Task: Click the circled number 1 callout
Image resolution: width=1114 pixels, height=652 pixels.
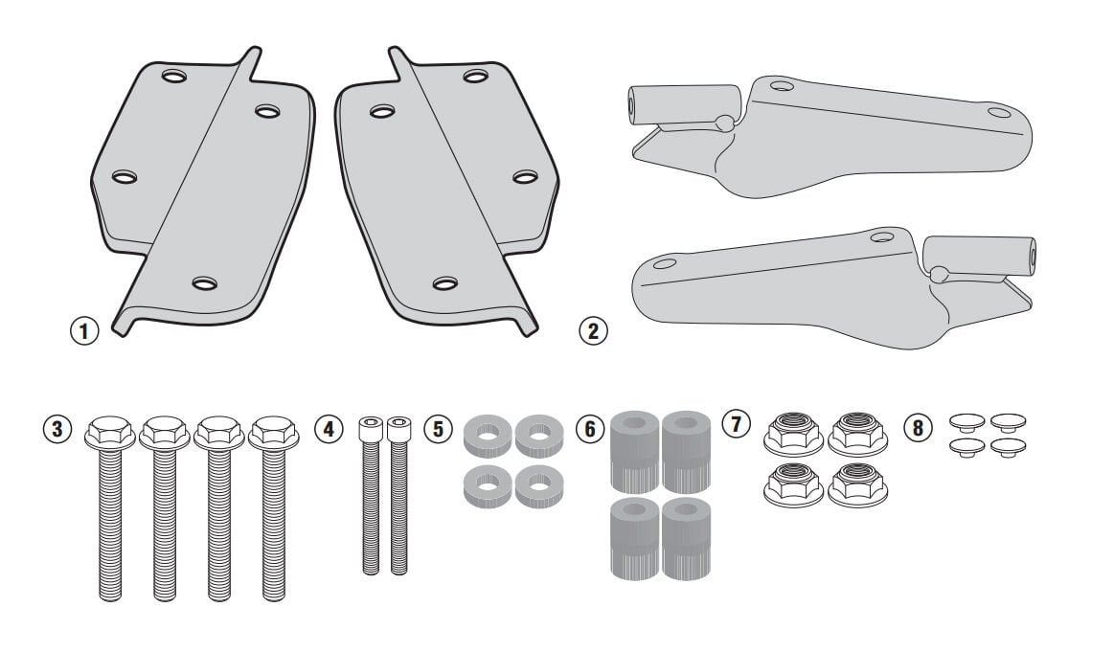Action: click(85, 332)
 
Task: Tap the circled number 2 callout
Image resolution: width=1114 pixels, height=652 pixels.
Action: click(593, 332)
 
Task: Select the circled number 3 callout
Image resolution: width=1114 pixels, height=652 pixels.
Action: click(59, 429)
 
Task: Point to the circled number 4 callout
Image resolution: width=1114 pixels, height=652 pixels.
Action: click(330, 429)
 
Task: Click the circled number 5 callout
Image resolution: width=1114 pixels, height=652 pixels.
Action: click(438, 429)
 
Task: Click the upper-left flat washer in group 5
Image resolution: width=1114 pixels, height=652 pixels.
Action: click(488, 436)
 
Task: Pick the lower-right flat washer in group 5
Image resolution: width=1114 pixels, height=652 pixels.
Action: click(538, 486)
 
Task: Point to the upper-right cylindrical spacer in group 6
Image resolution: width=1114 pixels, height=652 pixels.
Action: click(686, 440)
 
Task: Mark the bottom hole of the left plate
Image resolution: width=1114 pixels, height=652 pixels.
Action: click(204, 282)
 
